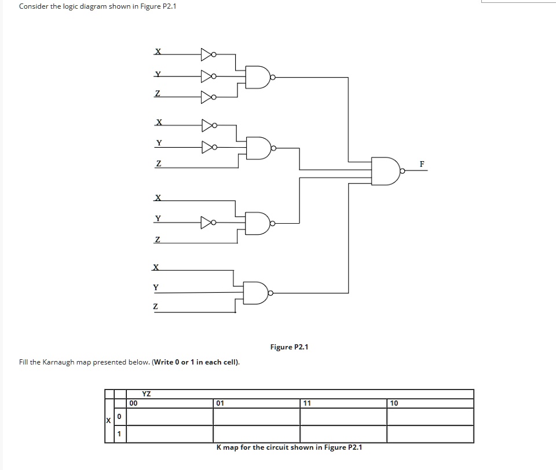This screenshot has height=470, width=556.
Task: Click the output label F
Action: tap(422, 165)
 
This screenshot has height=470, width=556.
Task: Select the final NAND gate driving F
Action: tap(385, 170)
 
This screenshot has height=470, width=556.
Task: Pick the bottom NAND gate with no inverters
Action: tap(256, 292)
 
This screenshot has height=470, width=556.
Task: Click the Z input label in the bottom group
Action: tap(155, 307)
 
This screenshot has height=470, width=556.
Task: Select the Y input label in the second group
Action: tap(158, 143)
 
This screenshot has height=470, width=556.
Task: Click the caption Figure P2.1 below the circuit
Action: tap(289, 347)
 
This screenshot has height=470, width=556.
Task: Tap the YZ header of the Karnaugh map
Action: tap(147, 394)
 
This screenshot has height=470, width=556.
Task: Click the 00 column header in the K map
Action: tap(134, 403)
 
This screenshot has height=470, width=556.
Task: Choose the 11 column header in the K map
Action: tap(307, 403)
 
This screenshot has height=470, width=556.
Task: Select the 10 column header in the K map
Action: tap(394, 403)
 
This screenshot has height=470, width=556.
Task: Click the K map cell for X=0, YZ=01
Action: tap(256, 416)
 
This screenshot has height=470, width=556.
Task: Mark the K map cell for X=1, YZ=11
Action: tap(343, 434)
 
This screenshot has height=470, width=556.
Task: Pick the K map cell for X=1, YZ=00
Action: tap(169, 434)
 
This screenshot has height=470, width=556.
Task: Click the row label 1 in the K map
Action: tap(119, 434)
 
